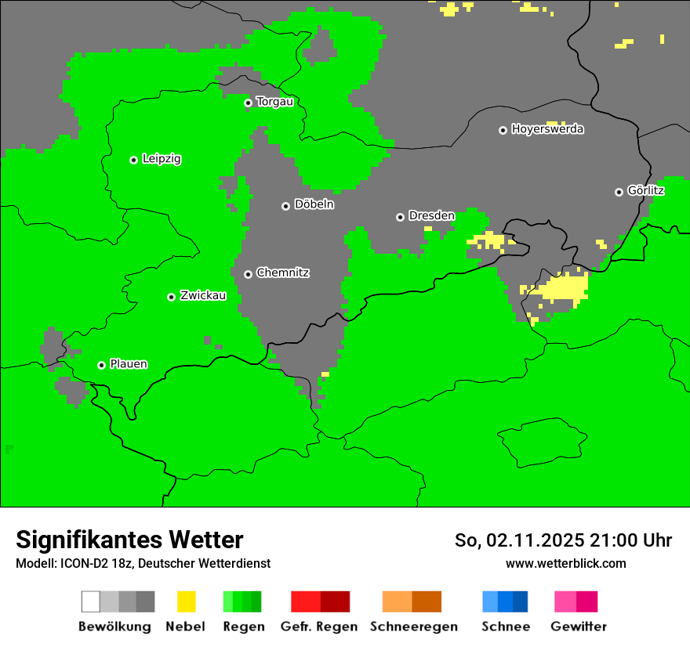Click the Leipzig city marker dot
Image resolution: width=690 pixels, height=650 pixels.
coord(133,160)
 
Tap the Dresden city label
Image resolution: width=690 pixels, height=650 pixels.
coord(431,215)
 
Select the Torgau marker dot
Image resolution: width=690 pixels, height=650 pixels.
coord(248,103)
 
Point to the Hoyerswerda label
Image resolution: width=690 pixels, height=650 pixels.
coord(547,129)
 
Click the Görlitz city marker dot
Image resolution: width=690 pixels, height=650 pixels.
coord(619,192)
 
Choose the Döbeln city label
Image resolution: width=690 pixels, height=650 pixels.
coord(314,204)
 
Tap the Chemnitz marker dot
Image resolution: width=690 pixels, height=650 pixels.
coord(248,274)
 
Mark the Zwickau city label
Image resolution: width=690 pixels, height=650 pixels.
coord(203,296)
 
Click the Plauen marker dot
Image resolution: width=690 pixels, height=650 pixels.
coord(101,365)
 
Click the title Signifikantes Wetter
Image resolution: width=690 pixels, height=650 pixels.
coord(129,540)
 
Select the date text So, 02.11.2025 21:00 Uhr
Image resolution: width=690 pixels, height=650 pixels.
coord(563,540)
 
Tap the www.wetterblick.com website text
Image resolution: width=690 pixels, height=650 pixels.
coord(565,564)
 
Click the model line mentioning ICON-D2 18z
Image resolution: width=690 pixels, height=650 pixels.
coord(143,564)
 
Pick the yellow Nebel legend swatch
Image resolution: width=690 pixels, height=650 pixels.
coord(186,601)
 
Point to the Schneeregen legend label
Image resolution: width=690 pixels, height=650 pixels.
coord(413,627)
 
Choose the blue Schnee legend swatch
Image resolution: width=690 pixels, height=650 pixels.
coord(505,601)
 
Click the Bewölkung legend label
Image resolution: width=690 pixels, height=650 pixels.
coord(114,627)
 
